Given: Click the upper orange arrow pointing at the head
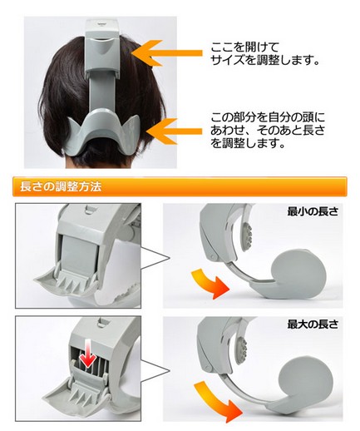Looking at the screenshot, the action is coord(166,53).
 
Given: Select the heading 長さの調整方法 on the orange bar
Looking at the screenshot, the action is coord(61,186).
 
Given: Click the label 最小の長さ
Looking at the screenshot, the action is coord(313,212).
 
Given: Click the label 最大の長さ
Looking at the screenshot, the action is coord(313,324).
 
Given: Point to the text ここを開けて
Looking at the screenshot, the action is coord(244,47).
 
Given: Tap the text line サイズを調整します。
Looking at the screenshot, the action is coord(264,60).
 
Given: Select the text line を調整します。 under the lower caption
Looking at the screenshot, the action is coord(248,143).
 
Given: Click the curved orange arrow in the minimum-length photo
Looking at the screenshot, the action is coord(210,283).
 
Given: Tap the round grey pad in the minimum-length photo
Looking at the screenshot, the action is coord(298,270).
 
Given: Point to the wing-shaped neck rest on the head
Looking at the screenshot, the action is coord(103,131).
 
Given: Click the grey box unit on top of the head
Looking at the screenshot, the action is coord(102,47).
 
